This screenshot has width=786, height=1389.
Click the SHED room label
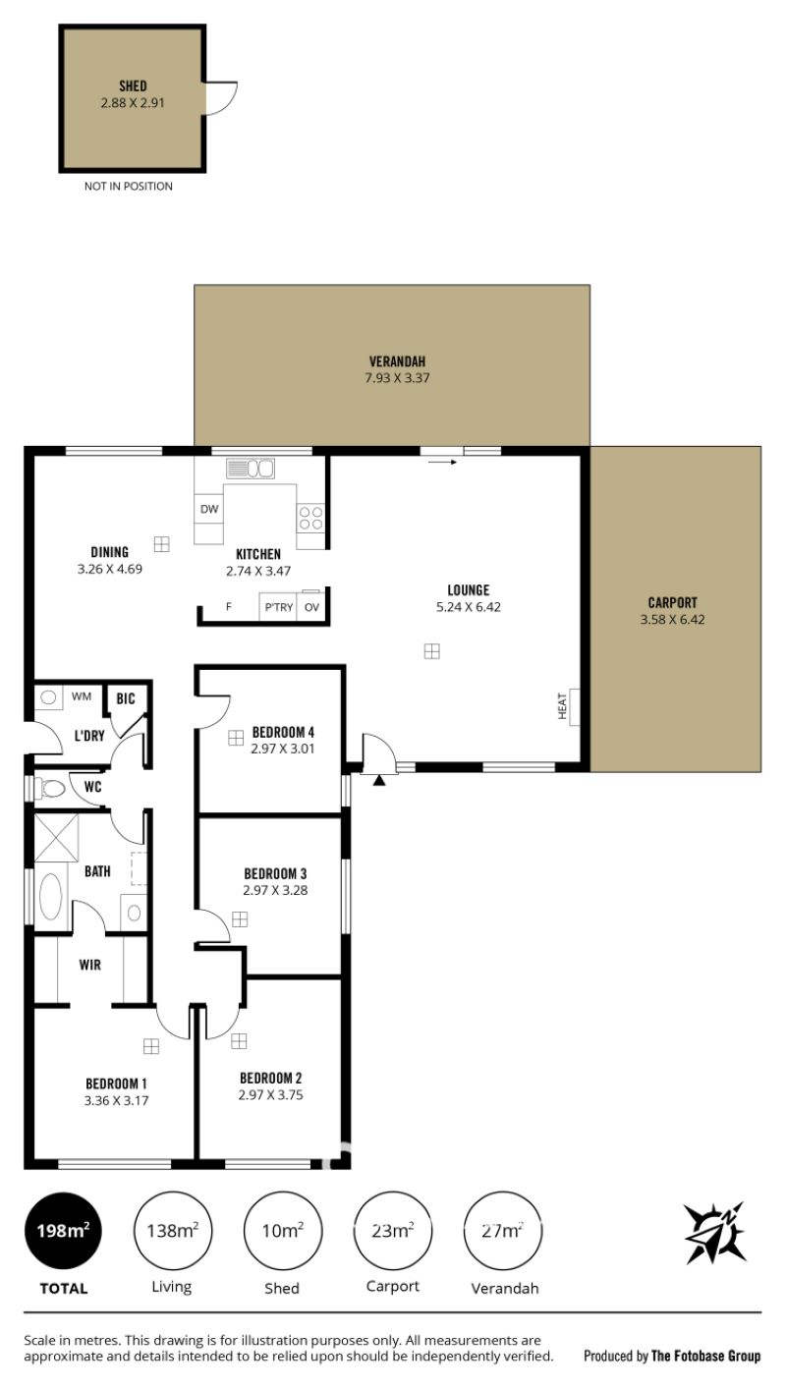[x=133, y=86]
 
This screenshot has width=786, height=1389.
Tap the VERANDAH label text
[x=397, y=361]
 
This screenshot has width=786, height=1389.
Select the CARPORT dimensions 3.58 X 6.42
[x=672, y=619]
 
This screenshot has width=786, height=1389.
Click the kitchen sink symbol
[x=250, y=469]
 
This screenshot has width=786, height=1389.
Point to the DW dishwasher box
[x=209, y=509]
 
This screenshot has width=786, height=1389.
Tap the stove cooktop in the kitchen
[x=310, y=518]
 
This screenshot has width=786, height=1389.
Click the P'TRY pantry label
[x=279, y=607]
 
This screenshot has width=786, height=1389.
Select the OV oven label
[x=311, y=607]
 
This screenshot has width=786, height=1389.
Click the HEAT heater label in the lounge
[x=562, y=706]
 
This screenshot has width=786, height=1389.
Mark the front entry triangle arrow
[x=379, y=781]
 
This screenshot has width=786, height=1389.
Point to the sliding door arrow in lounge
[x=442, y=462]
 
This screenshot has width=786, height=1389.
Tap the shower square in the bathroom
[x=56, y=838]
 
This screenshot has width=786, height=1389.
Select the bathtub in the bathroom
[x=50, y=897]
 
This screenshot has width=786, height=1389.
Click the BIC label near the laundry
[x=126, y=698]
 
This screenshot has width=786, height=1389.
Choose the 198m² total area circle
[x=63, y=1230]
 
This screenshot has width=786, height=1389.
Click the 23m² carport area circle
[x=392, y=1230]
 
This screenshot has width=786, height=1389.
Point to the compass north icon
[x=715, y=1233]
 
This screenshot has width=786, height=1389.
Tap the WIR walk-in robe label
[x=90, y=965]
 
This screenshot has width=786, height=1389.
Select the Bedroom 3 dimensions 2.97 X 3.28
[x=275, y=890]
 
